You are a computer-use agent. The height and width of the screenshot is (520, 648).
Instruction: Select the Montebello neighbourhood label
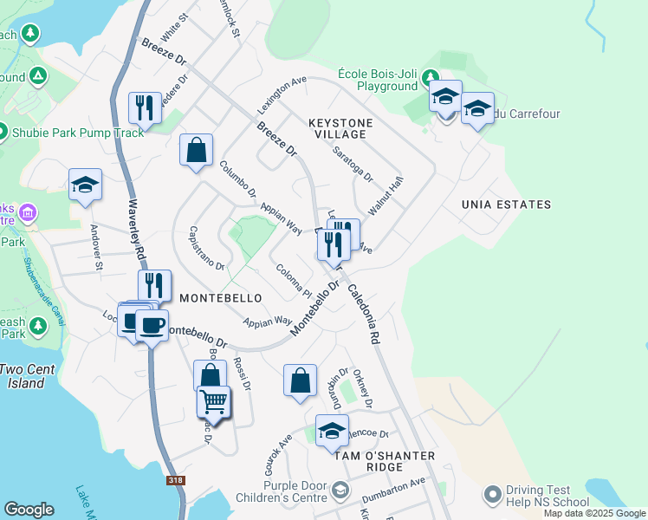221,297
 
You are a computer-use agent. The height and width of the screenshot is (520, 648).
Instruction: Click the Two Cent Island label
27,375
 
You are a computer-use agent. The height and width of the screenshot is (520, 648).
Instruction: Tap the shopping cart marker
213,401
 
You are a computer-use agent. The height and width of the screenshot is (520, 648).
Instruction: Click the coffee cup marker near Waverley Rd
152,324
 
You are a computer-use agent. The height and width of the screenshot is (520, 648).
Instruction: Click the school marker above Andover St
86,184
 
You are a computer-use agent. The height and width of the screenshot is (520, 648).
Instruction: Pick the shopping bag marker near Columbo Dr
197,149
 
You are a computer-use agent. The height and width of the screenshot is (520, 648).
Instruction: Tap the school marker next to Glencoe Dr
332,429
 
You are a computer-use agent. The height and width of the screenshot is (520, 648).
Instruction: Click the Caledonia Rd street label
363,313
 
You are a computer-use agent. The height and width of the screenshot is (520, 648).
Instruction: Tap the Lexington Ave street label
282,96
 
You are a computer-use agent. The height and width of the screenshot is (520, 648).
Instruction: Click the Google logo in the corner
29,510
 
